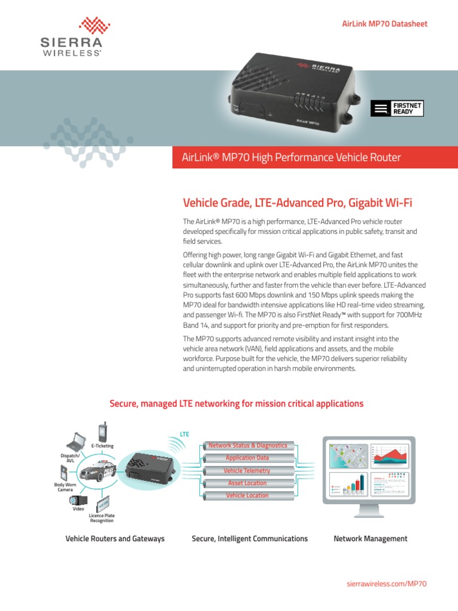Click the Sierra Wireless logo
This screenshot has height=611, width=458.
(x=70, y=37)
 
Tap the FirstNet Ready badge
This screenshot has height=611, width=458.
(x=397, y=108)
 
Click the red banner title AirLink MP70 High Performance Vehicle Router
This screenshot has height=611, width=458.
(x=291, y=158)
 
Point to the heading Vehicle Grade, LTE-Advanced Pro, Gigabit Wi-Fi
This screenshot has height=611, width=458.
(x=296, y=203)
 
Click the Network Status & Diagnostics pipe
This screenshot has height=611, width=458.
(x=247, y=446)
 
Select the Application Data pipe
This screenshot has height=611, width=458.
(x=247, y=458)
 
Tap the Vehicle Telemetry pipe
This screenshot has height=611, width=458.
(x=247, y=471)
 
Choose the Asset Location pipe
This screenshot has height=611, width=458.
(x=247, y=483)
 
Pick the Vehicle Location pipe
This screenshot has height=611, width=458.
(x=247, y=496)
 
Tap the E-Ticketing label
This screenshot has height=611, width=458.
(x=102, y=446)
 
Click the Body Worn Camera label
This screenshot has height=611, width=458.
(x=65, y=487)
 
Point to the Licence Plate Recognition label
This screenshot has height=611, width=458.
(x=101, y=518)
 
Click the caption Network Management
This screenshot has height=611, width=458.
(x=370, y=539)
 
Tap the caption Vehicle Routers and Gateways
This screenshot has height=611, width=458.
(x=114, y=539)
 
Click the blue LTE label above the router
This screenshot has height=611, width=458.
(x=184, y=434)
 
